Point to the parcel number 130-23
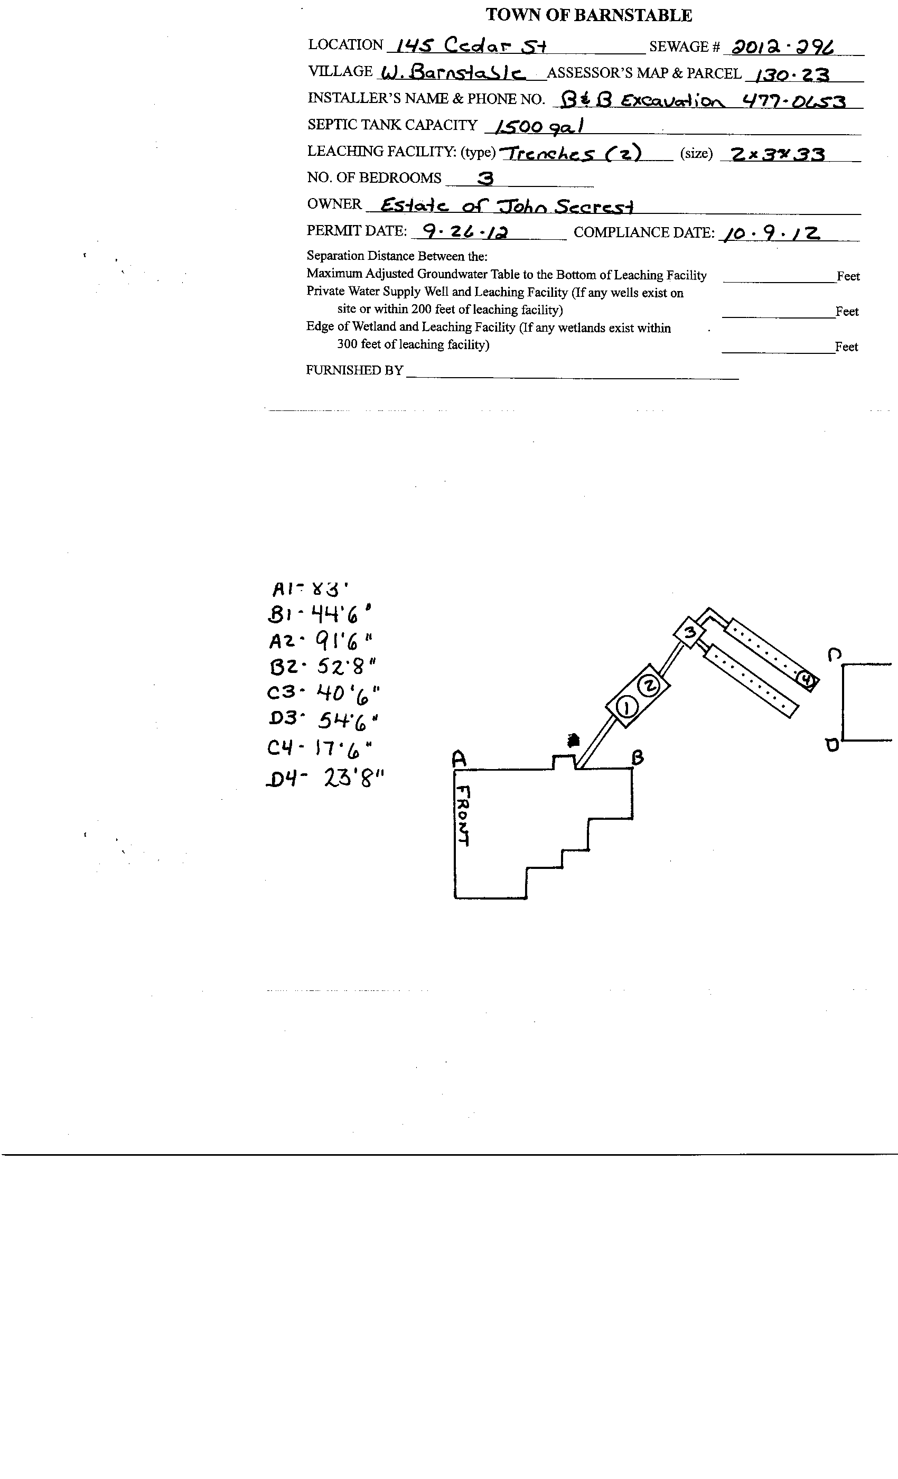pos(792,75)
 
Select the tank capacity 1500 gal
pos(538,127)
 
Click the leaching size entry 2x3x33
pos(772,154)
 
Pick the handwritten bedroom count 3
pos(484,179)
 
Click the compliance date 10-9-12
pos(772,233)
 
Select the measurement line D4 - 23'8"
pos(325,779)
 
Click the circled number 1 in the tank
pos(626,708)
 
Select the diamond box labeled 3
pos(690,632)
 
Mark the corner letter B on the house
pos(638,758)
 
